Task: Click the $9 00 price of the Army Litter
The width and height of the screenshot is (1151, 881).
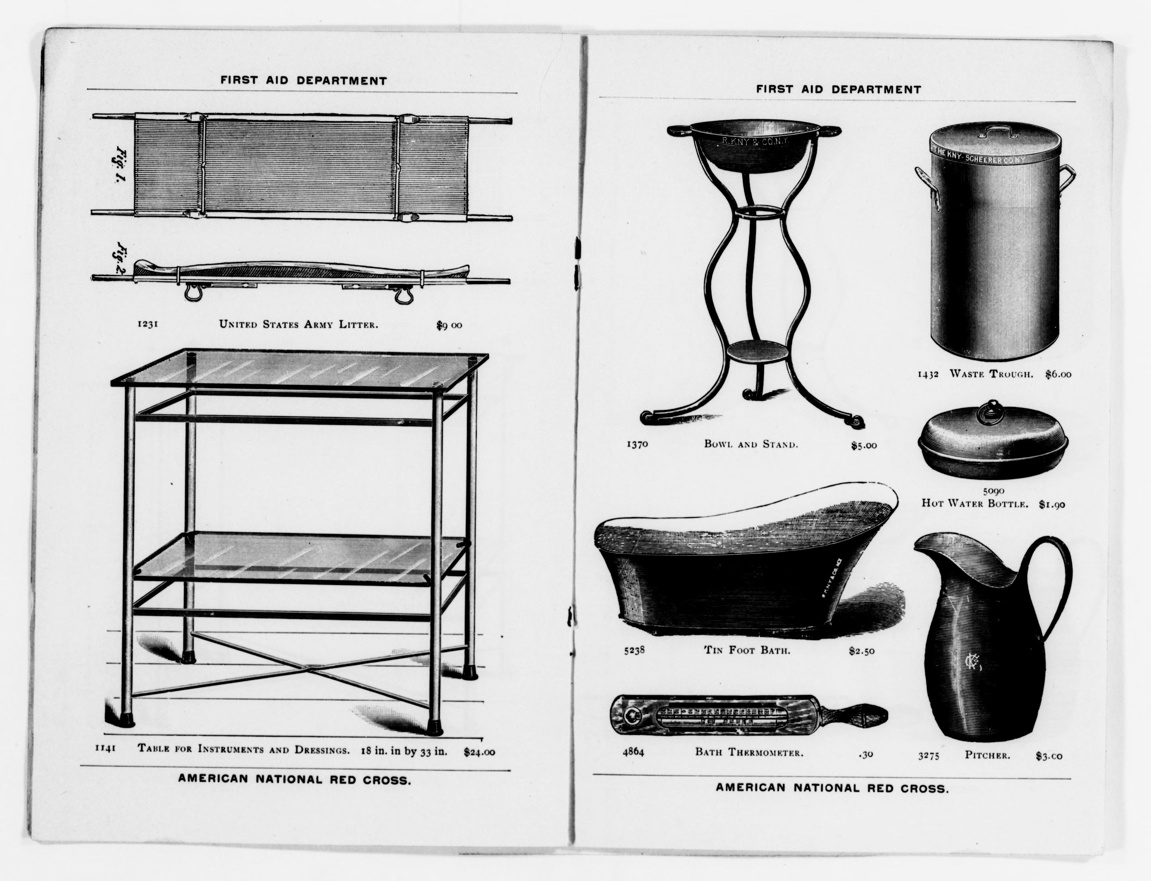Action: click(x=449, y=325)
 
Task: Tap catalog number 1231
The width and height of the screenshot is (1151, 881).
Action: click(x=148, y=324)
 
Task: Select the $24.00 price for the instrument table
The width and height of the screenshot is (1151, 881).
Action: click(x=479, y=752)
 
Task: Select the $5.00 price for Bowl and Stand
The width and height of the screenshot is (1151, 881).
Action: click(x=864, y=446)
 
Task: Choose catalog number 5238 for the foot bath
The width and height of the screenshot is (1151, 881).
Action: click(x=634, y=651)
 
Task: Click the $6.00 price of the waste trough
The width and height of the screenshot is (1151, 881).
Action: click(x=1058, y=374)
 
